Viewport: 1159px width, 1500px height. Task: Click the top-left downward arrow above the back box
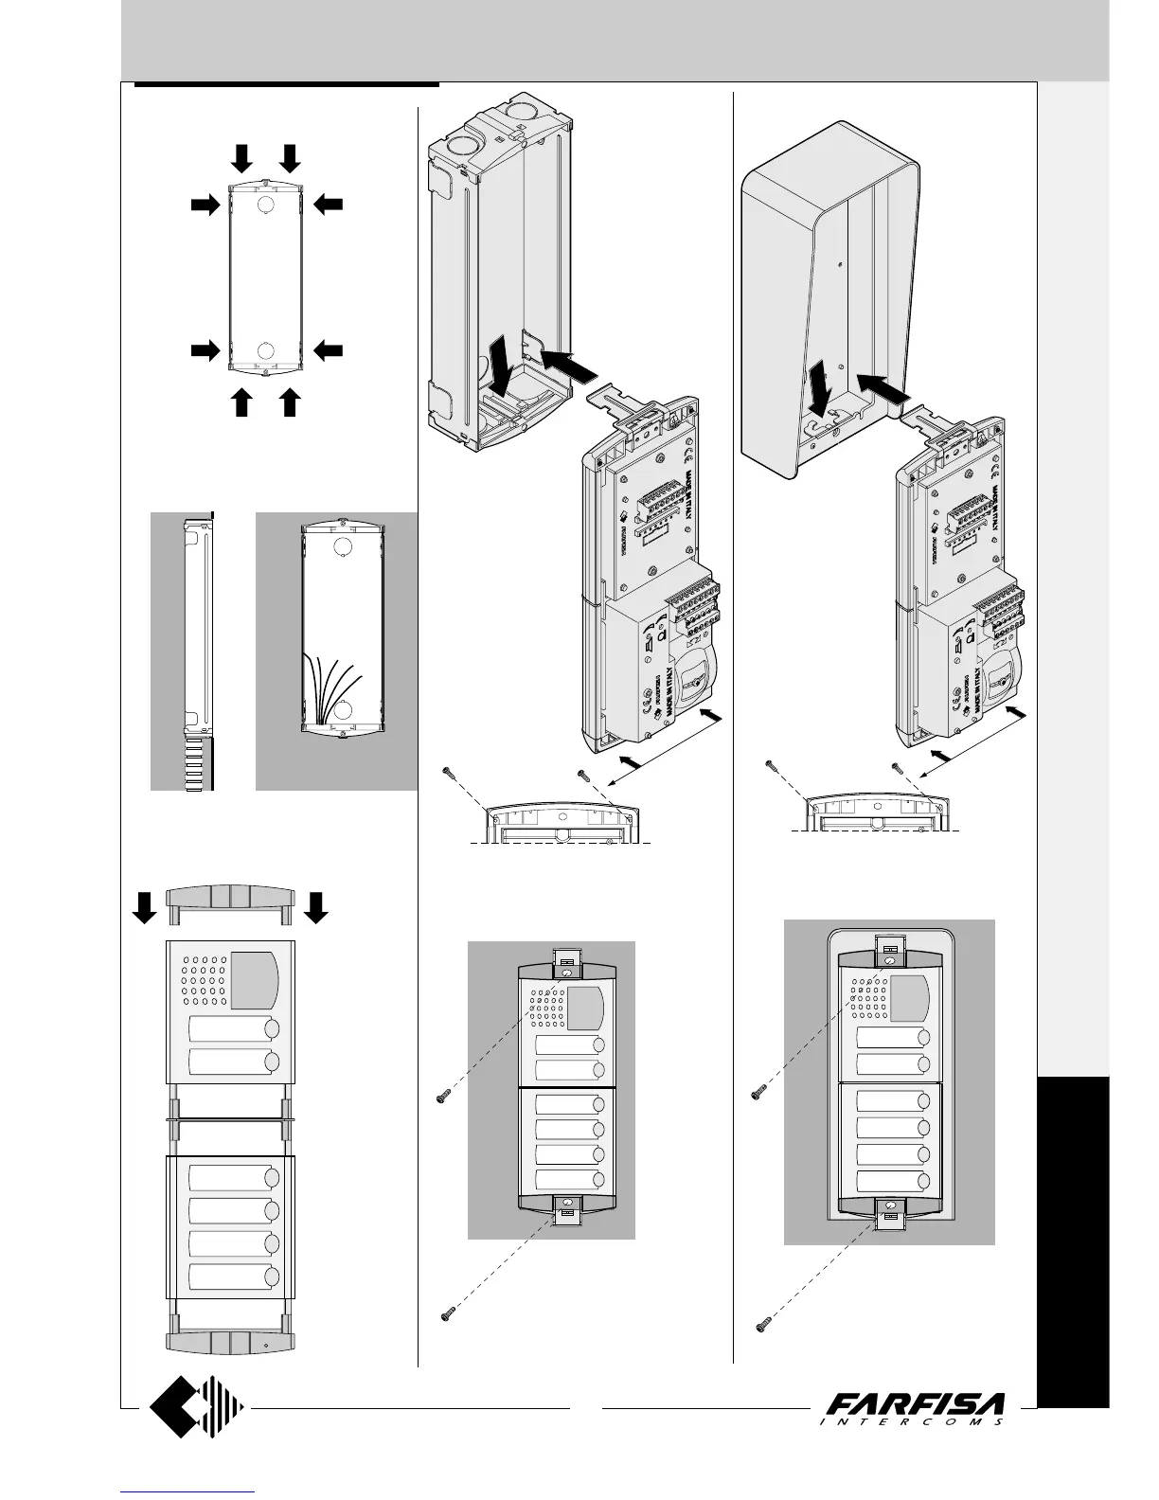coord(242,157)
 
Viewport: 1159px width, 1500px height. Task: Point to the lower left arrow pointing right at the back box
coord(204,350)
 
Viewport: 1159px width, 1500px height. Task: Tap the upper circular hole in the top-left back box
coord(266,205)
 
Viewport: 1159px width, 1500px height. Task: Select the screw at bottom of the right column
coord(763,1324)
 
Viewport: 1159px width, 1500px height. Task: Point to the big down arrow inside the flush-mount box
coord(497,369)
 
